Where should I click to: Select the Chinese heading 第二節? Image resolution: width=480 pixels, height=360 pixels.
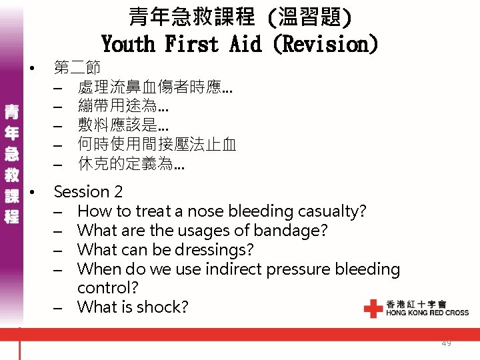(x=77, y=67)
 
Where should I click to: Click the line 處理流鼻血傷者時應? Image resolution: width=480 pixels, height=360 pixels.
(x=155, y=87)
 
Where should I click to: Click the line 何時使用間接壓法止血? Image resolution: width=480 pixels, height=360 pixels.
(x=157, y=144)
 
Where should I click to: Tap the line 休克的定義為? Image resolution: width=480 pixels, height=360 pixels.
(x=131, y=163)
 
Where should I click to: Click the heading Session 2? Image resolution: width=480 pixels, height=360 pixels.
(x=88, y=192)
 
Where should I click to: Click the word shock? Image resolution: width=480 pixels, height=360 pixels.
(x=165, y=307)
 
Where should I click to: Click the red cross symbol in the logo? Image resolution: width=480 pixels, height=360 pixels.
(x=373, y=309)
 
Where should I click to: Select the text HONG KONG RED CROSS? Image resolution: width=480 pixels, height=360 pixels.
(x=427, y=313)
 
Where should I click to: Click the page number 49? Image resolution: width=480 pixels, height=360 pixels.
(x=446, y=343)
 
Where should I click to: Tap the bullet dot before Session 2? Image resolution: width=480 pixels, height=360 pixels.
(x=32, y=193)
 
